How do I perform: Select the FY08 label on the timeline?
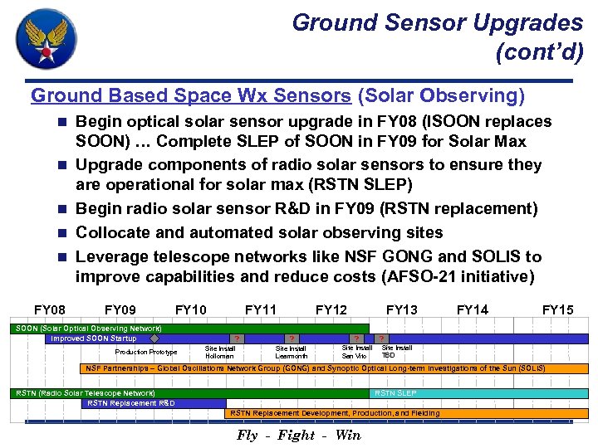click(x=50, y=310)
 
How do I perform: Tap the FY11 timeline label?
click(x=261, y=310)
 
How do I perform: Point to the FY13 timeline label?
click(x=402, y=310)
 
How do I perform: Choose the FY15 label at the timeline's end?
click(x=557, y=310)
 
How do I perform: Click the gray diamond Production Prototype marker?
click(x=154, y=338)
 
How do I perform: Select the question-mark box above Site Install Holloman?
click(x=238, y=338)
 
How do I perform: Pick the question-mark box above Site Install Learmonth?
click(x=292, y=338)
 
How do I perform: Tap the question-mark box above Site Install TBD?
click(x=381, y=338)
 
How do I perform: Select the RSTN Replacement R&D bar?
click(x=131, y=403)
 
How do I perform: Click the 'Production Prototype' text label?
click(x=145, y=352)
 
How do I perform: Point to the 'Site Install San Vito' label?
click(x=356, y=352)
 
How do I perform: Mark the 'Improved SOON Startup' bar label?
click(x=93, y=338)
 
